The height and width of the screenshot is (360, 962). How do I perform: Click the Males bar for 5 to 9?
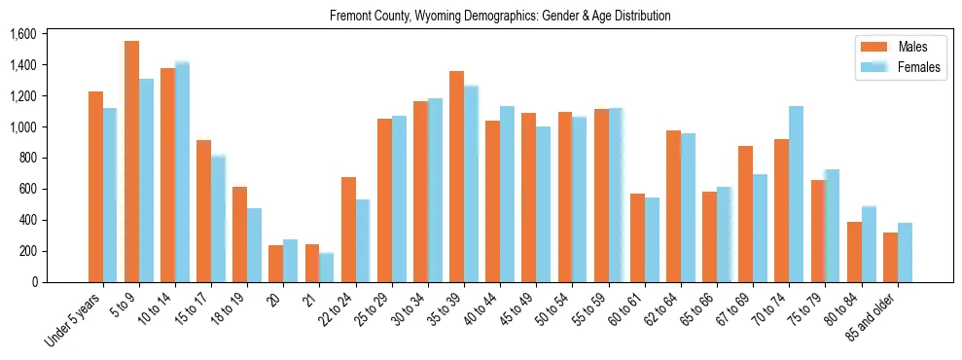tap(131, 162)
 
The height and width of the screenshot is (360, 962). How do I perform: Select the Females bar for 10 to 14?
tap(182, 172)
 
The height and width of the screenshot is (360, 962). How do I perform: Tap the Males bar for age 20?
tap(248, 264)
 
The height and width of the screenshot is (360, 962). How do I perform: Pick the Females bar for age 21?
tap(327, 268)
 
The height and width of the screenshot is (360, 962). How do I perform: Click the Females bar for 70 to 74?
tap(797, 194)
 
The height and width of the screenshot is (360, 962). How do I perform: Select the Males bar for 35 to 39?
tap(456, 176)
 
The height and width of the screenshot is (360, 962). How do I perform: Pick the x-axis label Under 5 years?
tap(76, 316)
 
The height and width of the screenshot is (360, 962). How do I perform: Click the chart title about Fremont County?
tap(500, 17)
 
